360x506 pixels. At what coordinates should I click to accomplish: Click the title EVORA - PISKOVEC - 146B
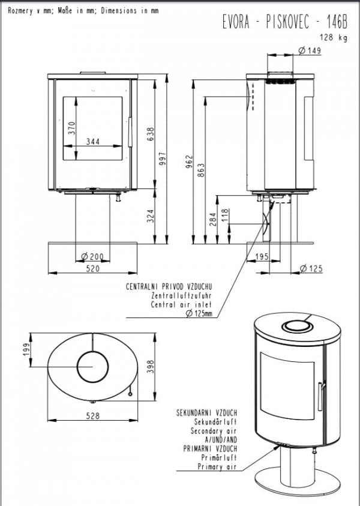coord(285,22)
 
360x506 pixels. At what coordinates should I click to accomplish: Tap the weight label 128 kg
coord(334,37)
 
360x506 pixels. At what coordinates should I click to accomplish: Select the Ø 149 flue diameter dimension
coord(310,50)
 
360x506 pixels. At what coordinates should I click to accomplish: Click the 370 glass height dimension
coord(71,128)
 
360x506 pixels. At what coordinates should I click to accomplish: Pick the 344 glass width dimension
coord(93,141)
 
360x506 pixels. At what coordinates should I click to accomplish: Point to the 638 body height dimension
coord(151,134)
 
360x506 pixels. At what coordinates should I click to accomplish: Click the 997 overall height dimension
coord(163,158)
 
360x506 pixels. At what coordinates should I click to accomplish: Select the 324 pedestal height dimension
coord(151,216)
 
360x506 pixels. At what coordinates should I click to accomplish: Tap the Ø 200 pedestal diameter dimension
coord(92,256)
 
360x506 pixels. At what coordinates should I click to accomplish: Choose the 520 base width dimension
coord(93,268)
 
